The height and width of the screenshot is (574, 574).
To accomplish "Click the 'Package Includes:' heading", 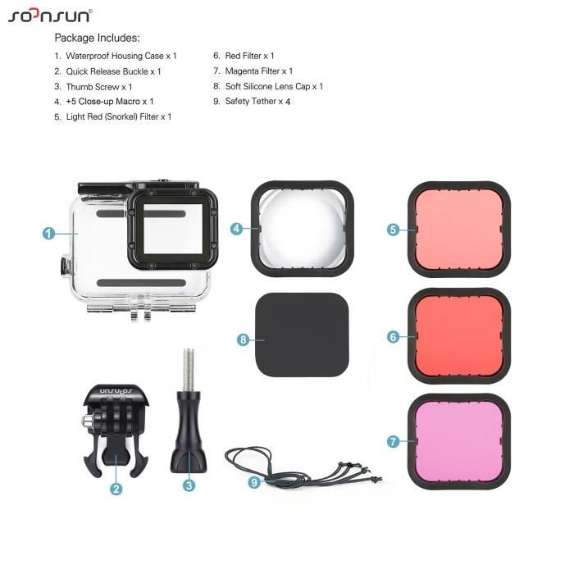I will [x=97, y=38].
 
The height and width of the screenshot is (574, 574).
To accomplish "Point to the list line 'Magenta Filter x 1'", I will [x=258, y=71].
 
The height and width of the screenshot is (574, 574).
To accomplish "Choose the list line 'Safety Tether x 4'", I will [x=257, y=102].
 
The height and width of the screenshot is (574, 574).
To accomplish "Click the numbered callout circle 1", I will [x=49, y=233].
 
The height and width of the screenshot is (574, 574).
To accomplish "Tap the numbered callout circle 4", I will [x=237, y=229].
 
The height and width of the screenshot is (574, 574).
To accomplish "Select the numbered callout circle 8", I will [x=243, y=339].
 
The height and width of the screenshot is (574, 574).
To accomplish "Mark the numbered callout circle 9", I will [x=254, y=482].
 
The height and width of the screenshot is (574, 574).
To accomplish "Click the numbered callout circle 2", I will [x=116, y=489].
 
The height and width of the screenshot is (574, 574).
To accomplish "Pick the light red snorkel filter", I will [x=459, y=229].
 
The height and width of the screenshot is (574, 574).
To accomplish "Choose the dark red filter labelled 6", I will [x=459, y=335].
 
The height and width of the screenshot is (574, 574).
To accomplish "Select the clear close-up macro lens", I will [x=302, y=227].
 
